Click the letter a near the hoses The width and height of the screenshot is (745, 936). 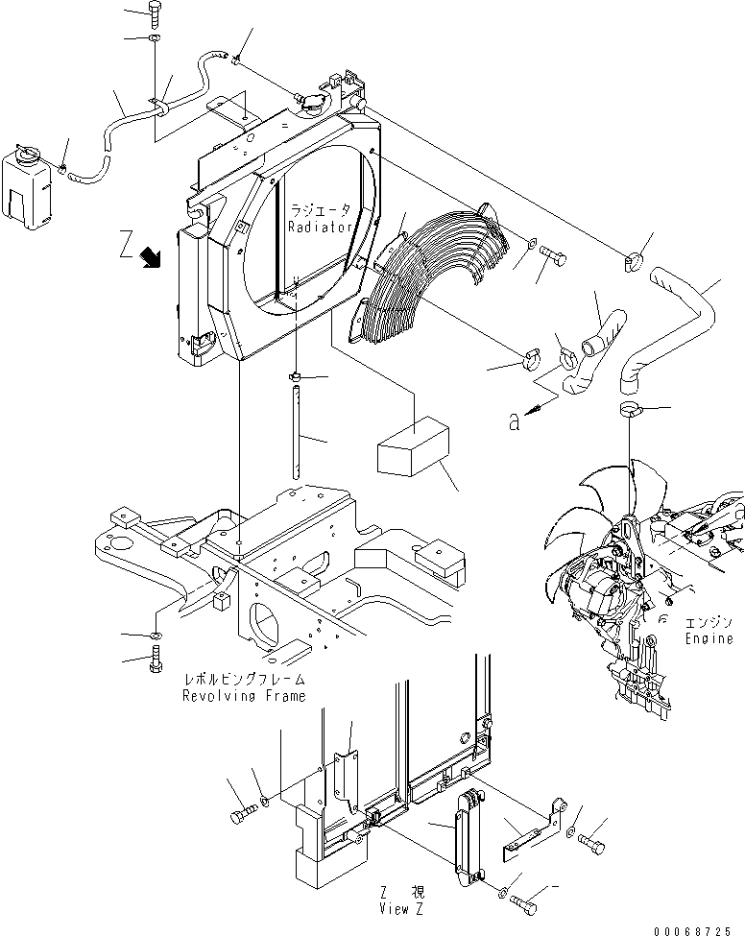(x=516, y=420)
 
